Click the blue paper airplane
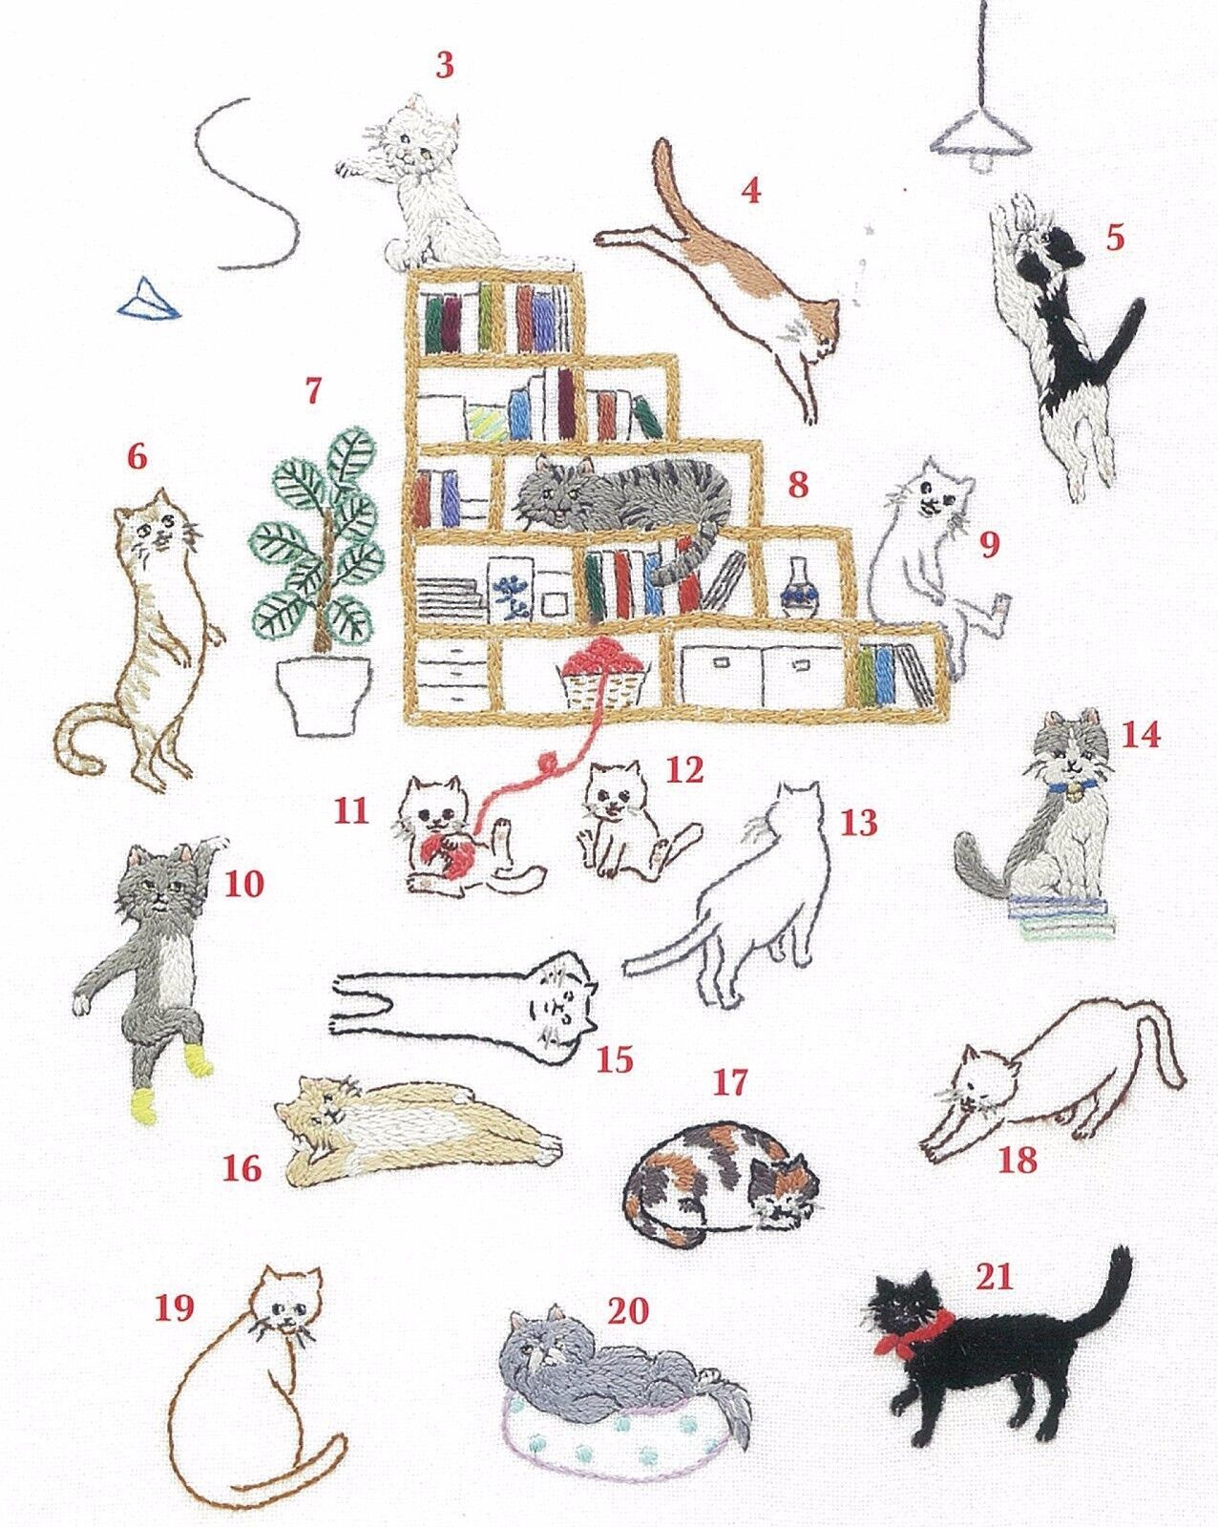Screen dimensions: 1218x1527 tap(149, 300)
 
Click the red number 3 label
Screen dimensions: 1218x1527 tap(444, 65)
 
